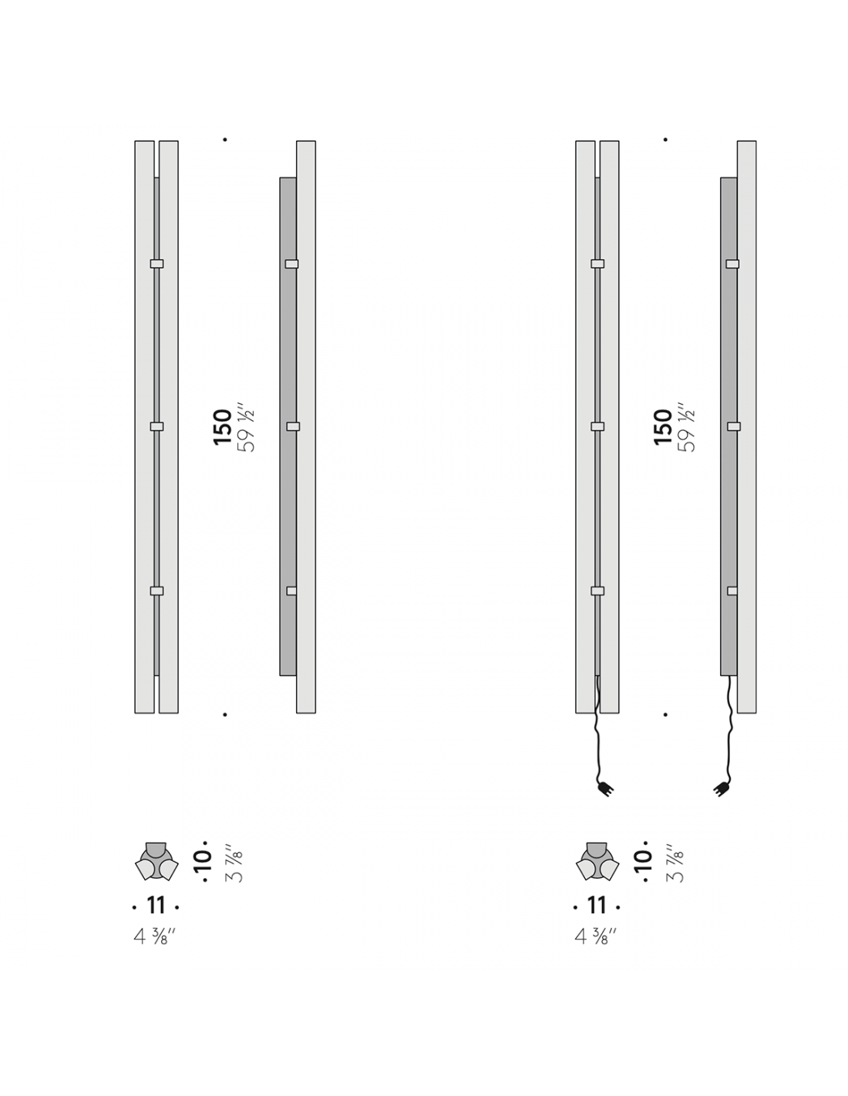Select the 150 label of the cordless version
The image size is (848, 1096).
coord(223,427)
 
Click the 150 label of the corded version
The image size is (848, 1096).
coord(663,427)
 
